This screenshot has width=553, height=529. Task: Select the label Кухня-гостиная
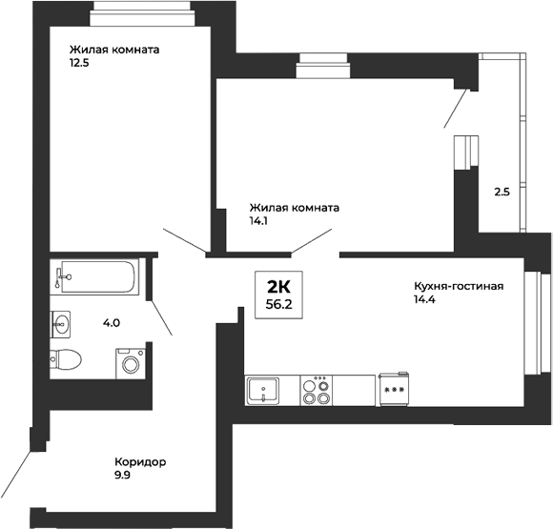(x=458, y=285)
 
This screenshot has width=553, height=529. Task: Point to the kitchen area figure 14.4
(x=424, y=300)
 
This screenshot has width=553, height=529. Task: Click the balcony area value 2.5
(x=502, y=192)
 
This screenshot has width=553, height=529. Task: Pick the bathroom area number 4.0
(x=112, y=322)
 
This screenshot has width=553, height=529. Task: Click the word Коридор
(x=139, y=462)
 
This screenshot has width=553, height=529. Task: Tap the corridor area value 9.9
(x=122, y=477)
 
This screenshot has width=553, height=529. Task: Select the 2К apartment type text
(x=278, y=288)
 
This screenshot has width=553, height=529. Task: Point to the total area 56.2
(x=278, y=306)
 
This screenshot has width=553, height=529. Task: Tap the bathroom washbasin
(x=62, y=324)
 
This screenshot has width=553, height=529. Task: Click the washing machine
(x=129, y=363)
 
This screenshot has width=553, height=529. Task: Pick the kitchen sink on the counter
(x=263, y=389)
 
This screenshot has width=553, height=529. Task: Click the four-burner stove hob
(x=316, y=389)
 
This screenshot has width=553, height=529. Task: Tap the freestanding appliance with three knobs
(x=394, y=388)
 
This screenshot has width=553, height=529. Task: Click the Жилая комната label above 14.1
(x=295, y=207)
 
